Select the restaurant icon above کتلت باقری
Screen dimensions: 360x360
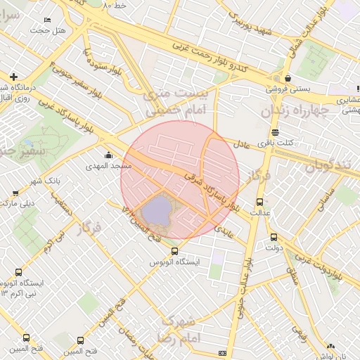tap(275, 131)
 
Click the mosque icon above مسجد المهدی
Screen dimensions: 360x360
tap(108, 155)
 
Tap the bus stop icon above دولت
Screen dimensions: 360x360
tap(274, 237)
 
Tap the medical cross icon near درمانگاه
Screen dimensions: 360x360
tap(13, 76)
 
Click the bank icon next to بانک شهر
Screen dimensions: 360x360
tap(15, 192)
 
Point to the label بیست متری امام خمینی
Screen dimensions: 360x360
tap(166, 102)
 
